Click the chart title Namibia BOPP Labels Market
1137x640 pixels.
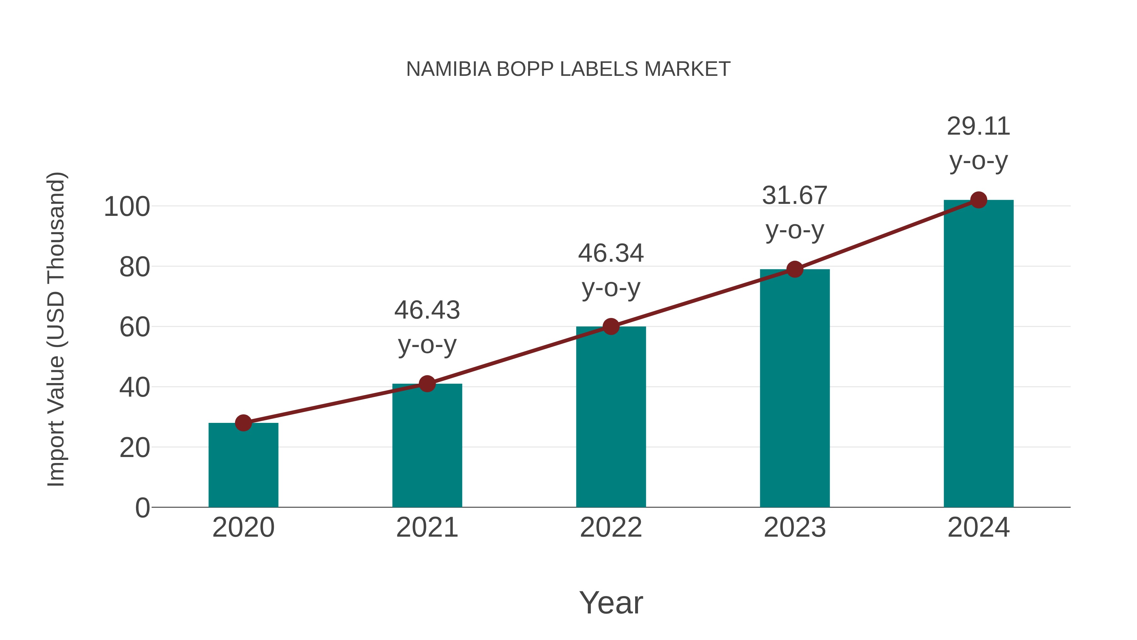click(568, 69)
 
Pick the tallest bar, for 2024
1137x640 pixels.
click(978, 353)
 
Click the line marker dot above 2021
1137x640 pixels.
click(427, 384)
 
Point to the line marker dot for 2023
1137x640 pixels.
click(795, 269)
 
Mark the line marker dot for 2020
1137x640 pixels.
click(243, 423)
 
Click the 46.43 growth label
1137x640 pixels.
click(427, 310)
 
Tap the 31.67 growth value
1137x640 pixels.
click(795, 196)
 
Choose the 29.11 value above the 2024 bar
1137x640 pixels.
click(978, 127)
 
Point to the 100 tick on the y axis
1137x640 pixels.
click(127, 207)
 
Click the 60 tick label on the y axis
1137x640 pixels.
click(135, 327)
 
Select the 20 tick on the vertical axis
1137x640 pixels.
click(135, 448)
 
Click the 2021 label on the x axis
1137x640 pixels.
click(427, 527)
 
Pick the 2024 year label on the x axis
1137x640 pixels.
click(978, 527)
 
